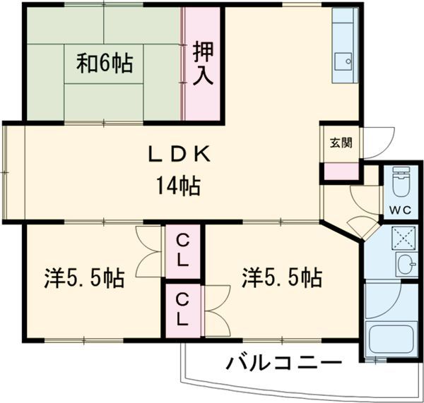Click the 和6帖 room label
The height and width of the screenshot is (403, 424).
pos(105,64)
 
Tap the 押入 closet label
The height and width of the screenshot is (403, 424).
pos(203,63)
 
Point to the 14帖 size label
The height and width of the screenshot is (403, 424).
pos(178,187)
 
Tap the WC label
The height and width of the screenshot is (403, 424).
pos(400,210)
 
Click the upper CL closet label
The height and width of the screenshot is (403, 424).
pos(182,251)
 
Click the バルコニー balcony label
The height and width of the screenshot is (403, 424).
pos(283,363)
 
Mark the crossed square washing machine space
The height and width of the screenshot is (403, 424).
pos(406,238)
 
